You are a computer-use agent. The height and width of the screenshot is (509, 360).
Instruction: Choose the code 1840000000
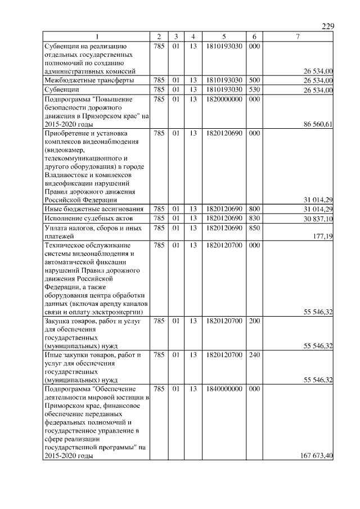[224, 389]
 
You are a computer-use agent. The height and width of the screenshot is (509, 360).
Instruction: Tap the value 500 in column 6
[254, 80]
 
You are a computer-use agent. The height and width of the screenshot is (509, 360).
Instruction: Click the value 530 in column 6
[254, 89]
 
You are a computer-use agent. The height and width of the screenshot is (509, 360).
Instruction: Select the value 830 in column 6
[254, 218]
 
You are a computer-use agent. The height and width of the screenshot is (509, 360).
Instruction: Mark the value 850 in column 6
[254, 227]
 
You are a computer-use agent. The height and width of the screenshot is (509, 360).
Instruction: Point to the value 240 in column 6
[254, 355]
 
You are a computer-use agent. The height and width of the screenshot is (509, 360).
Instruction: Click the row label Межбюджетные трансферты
[89, 80]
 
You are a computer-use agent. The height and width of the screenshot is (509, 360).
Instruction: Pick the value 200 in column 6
[254, 321]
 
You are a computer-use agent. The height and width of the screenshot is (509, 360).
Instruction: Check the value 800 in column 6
[254, 209]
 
